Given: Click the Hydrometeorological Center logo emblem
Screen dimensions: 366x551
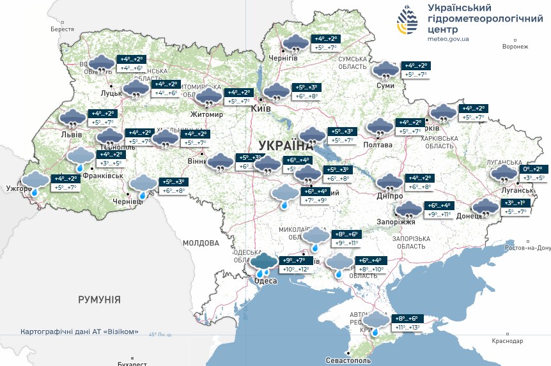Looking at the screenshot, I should point(407,22).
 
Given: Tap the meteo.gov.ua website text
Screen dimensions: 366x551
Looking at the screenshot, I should point(448,39).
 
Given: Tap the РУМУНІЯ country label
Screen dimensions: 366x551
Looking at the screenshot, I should point(99,299).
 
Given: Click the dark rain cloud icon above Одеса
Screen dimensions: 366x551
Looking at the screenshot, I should point(263,263).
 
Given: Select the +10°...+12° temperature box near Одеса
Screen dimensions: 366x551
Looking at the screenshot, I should point(295,270).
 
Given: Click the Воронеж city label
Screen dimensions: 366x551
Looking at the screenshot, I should point(516,47).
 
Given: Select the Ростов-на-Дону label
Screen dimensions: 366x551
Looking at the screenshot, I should point(528,248).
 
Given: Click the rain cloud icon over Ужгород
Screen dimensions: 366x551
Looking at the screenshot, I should point(36,181).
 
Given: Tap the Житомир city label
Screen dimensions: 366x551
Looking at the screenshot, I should point(206,115).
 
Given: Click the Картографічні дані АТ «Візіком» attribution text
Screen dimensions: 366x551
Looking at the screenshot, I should point(80,332).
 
